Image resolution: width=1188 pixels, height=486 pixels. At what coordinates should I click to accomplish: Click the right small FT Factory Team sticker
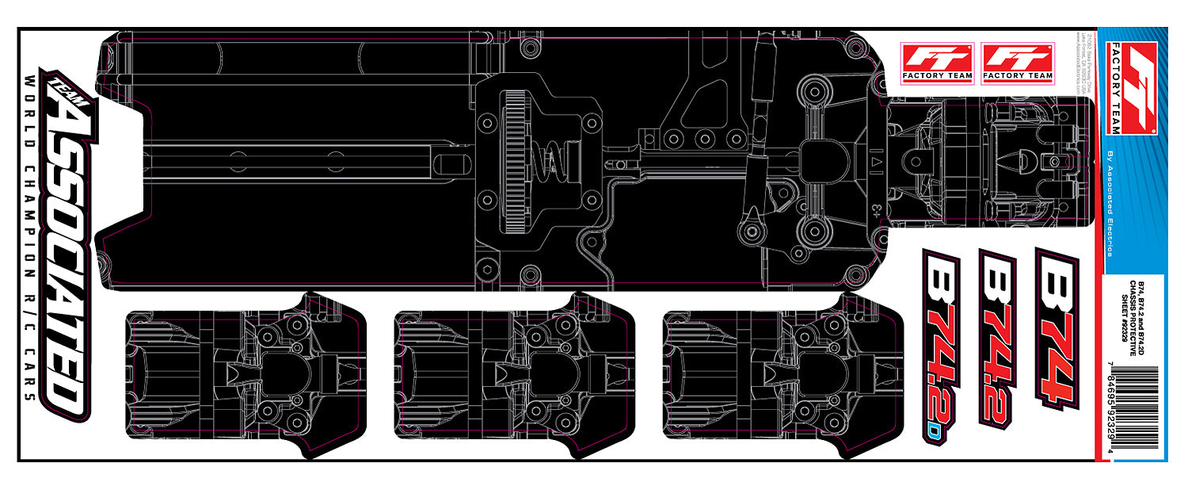(1018, 63)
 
